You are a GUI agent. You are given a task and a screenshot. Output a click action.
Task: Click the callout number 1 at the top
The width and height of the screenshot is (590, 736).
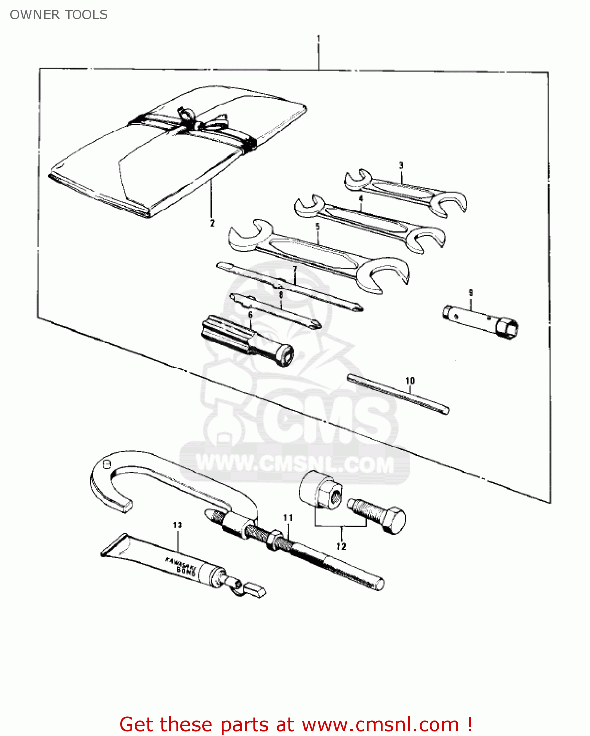coord(319,38)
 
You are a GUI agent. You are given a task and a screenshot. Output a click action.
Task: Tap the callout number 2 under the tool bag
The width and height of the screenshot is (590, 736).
coord(212,223)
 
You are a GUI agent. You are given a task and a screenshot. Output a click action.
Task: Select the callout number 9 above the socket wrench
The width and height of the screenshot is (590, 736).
coord(470,293)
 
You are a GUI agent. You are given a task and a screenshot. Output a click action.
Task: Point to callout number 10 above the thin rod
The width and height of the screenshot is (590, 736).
coord(410,381)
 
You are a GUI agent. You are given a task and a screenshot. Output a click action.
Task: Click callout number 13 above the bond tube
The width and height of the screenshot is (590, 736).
coord(177,525)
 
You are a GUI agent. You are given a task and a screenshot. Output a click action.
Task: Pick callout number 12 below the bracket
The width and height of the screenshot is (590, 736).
coord(341,547)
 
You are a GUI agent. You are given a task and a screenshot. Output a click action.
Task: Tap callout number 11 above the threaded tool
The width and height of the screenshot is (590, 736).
coord(288,518)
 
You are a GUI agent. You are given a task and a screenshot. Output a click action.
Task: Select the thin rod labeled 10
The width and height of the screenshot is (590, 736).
coord(397,394)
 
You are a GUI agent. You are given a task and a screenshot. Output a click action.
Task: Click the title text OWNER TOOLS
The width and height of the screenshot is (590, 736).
coord(59,15)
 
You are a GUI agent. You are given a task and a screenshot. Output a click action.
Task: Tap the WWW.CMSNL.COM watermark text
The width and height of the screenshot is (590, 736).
coord(294,464)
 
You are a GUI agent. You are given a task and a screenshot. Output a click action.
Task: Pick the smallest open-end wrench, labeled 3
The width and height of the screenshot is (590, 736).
coord(405,192)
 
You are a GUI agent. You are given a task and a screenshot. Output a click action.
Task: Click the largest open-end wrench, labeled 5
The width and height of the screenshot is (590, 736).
coord(319,253)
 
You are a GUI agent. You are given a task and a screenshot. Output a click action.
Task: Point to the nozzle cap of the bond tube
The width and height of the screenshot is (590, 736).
coord(256,589)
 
